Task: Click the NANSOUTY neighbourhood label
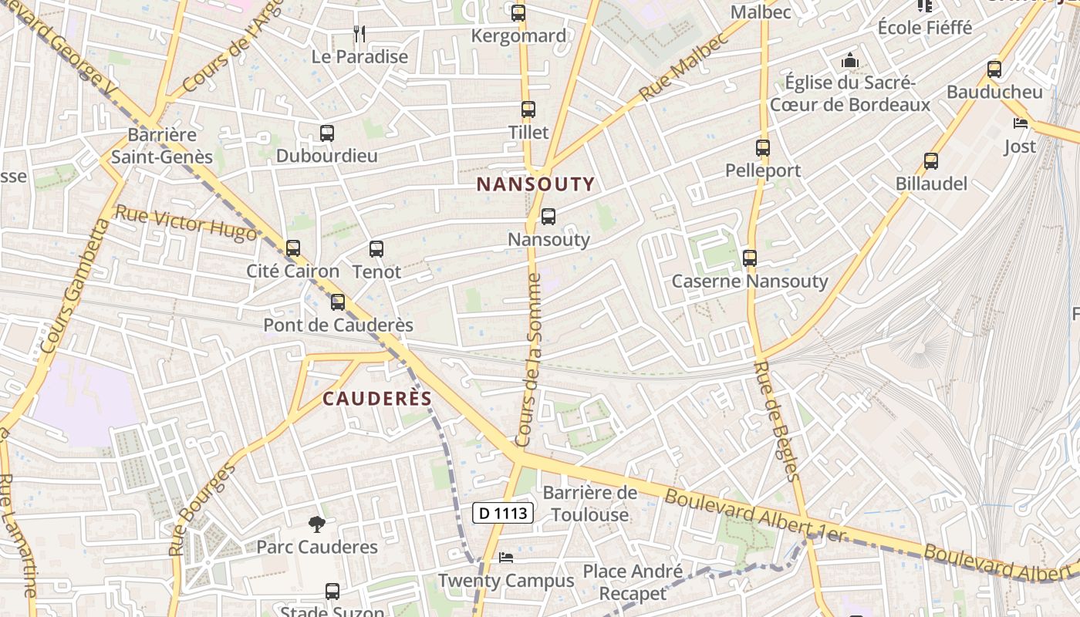pos(535,184)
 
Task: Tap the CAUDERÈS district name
pos(376,398)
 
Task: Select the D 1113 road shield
pos(503,512)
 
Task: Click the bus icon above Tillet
pos(528,110)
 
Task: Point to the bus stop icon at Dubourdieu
pos(327,133)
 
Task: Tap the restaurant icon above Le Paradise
pos(359,33)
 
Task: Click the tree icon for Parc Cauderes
pos(316,525)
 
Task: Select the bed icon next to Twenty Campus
pos(506,557)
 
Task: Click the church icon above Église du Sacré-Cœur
pos(850,59)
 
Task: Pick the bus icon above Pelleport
pos(763,147)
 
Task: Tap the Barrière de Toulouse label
pos(590,503)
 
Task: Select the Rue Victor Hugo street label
pos(185,223)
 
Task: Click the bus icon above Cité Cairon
pos(293,248)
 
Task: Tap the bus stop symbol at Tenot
pos(376,249)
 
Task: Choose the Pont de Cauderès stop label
pos(338,325)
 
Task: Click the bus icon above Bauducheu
pos(994,69)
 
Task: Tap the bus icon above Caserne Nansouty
pos(750,258)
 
